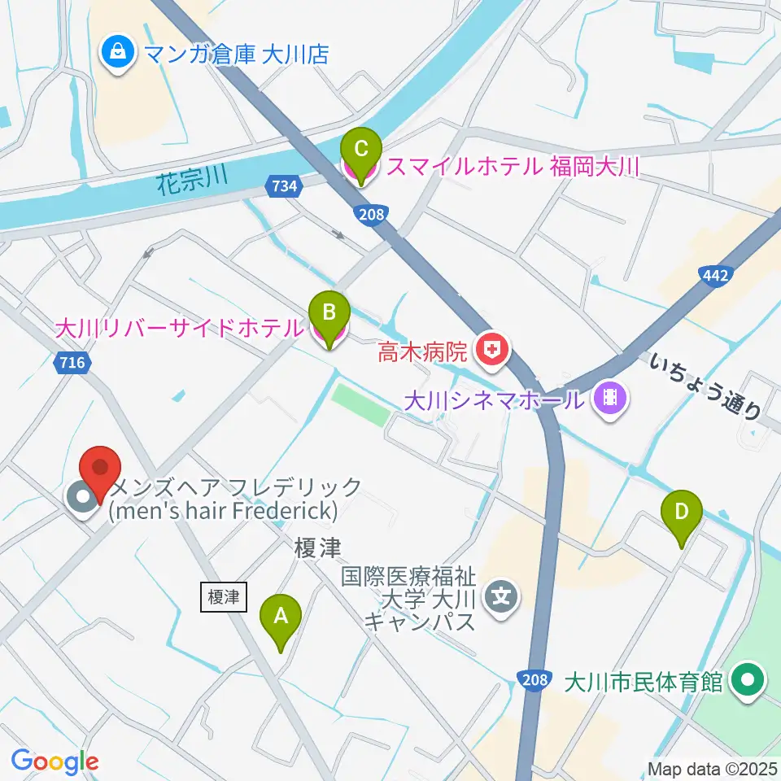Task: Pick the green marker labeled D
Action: click(x=682, y=515)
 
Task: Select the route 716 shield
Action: click(x=72, y=363)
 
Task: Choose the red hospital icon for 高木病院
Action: click(x=492, y=351)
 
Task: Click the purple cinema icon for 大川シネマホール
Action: click(x=609, y=398)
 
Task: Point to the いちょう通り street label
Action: click(x=705, y=385)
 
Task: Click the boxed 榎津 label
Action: click(x=222, y=596)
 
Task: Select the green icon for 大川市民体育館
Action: click(x=746, y=680)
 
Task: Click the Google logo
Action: click(x=55, y=761)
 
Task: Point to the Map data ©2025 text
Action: click(x=711, y=768)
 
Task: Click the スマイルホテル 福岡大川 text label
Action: click(x=513, y=168)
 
